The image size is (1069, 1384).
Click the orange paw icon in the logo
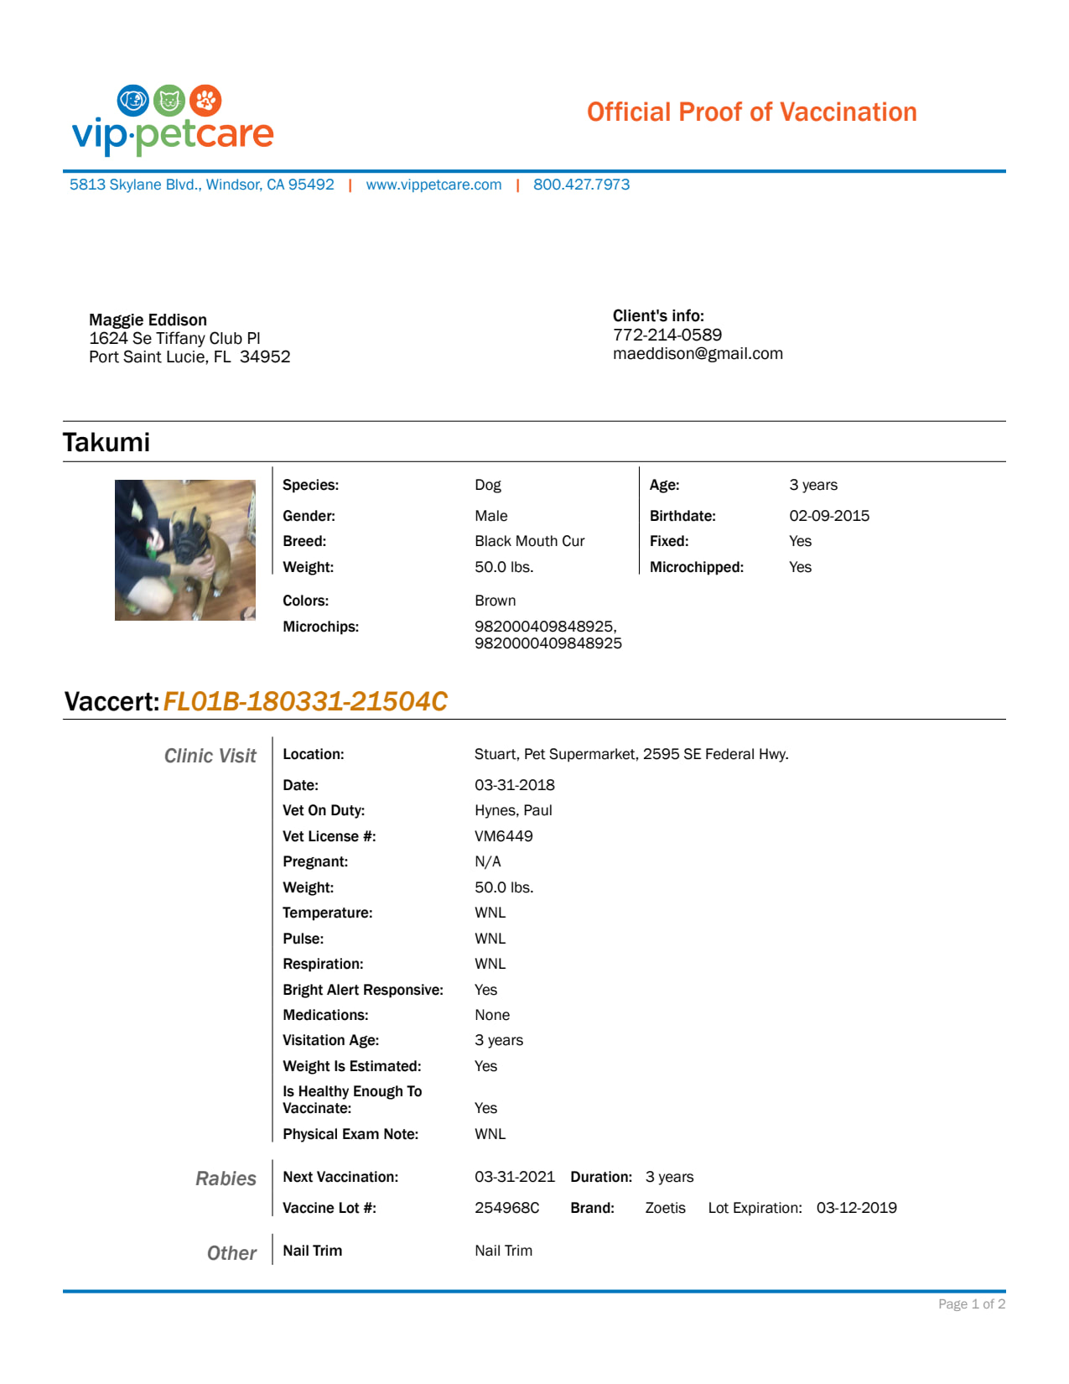coord(205,101)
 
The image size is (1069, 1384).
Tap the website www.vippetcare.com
coord(433,185)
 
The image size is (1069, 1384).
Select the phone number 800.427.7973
coord(581,185)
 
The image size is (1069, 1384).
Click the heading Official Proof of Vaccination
coord(751,112)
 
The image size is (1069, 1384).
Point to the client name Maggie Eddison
coord(148,320)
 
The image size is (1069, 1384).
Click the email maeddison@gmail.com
coord(698,353)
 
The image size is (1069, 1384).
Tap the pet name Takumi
coord(106,442)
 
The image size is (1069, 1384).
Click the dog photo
coord(185,550)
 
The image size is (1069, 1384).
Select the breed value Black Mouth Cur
coord(529,541)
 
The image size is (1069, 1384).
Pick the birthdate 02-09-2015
coord(828,516)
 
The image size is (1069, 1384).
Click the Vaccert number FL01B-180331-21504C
coord(305,701)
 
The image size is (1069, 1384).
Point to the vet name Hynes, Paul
coord(513,810)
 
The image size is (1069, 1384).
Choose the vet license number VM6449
coord(503,836)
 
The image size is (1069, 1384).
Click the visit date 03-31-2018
coord(514,785)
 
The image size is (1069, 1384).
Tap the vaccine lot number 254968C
coord(506,1208)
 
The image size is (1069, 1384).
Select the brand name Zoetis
coord(665,1208)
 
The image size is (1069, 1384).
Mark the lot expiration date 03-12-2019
coord(856,1208)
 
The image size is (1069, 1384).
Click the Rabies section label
coord(226,1178)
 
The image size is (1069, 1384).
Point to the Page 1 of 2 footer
coord(971,1304)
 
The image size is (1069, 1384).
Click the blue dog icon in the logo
coord(133,101)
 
